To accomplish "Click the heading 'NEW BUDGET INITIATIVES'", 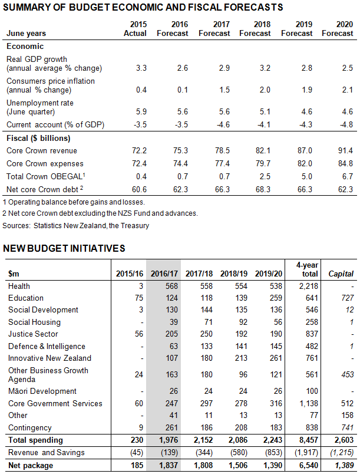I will [x=64, y=248].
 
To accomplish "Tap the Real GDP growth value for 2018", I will [x=265, y=68].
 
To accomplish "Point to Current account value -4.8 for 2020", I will [x=346, y=124].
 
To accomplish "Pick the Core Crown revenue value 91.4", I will [x=346, y=152].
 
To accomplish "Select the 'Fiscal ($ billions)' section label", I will [x=38, y=139].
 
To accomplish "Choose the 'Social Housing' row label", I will [x=34, y=322].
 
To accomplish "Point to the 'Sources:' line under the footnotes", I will [x=75, y=225].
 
